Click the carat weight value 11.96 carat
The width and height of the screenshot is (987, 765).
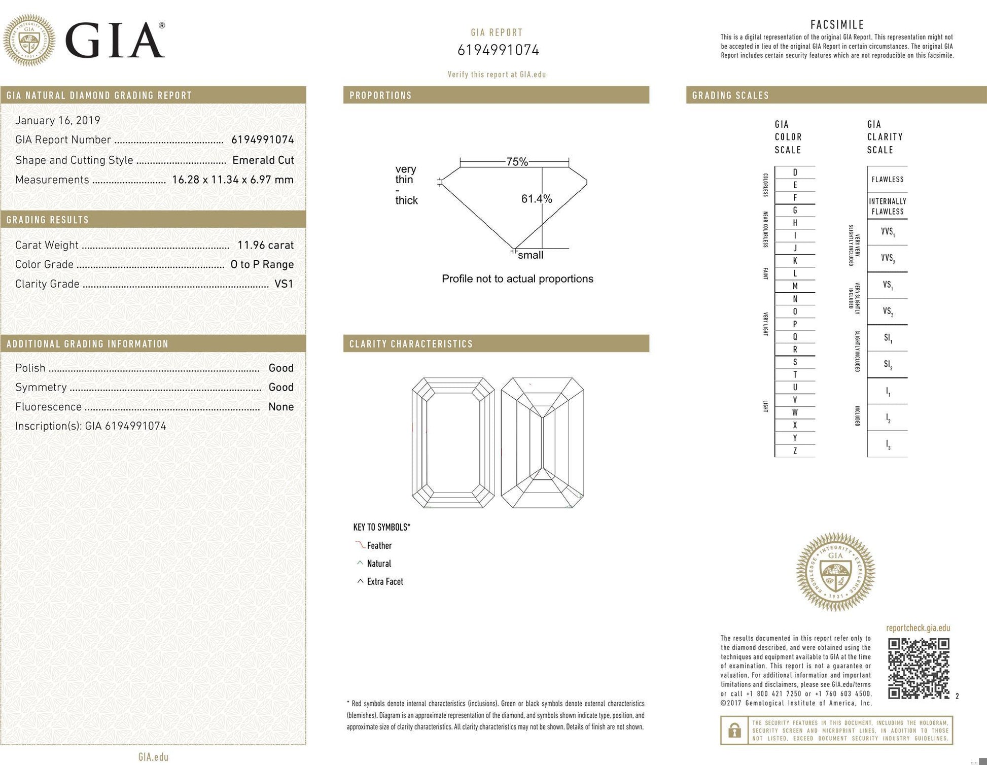[x=265, y=245]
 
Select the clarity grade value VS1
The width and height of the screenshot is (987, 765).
[x=284, y=284]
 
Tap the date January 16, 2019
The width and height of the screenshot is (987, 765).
[x=58, y=120]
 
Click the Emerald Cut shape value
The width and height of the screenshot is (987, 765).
[x=263, y=160]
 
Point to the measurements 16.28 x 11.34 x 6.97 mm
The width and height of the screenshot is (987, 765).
[x=232, y=180]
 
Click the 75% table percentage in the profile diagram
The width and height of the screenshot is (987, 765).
[x=517, y=162]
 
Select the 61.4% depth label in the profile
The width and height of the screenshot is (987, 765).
[x=536, y=199]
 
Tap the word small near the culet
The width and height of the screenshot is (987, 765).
[x=530, y=255]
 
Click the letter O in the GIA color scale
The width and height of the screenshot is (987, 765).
[x=795, y=311]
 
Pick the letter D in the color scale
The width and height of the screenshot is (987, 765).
[x=795, y=172]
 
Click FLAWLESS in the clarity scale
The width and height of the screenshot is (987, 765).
[x=887, y=180]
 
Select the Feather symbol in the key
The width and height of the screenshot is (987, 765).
[x=360, y=545]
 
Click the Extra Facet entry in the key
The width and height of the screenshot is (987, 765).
[x=384, y=582]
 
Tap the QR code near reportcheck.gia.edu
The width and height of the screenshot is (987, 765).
[x=918, y=669]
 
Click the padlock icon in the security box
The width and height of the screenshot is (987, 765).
[x=734, y=731]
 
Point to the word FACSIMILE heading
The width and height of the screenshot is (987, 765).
[x=837, y=24]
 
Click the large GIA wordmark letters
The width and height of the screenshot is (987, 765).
[x=115, y=41]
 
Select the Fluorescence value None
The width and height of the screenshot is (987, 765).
[x=280, y=407]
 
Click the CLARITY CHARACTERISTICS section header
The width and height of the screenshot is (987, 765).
[x=411, y=344]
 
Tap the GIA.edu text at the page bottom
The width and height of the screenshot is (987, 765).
[x=153, y=757]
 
